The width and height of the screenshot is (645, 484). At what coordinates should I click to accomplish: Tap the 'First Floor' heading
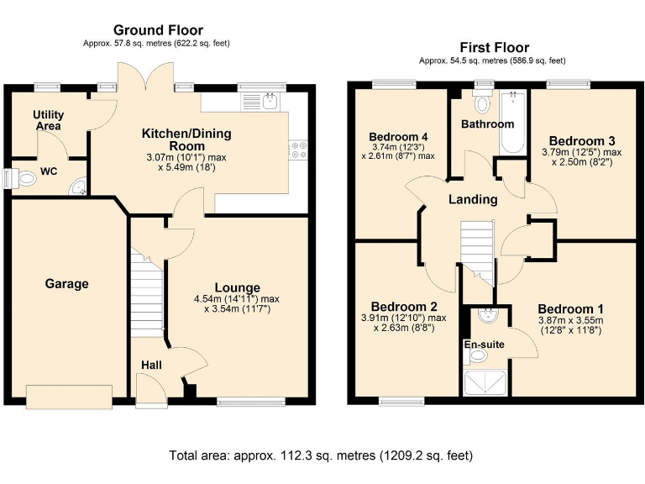coord(494,48)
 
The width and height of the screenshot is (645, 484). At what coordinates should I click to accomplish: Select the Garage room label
coord(66,284)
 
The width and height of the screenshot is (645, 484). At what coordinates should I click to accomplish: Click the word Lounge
coord(236,287)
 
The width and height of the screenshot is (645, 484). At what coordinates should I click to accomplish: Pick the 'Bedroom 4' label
coord(398,137)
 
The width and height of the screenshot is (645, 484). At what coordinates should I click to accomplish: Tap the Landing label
coord(473,199)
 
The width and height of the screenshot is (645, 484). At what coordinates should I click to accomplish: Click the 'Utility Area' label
coord(49,119)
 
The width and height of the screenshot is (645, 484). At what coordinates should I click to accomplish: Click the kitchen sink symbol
coord(260,102)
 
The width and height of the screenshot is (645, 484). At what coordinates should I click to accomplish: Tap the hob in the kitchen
coord(299,150)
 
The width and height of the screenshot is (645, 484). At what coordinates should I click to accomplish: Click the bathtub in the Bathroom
coord(511,124)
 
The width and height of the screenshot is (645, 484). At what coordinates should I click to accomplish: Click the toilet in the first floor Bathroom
coord(482,105)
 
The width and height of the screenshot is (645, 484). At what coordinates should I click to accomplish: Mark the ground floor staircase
coord(145,294)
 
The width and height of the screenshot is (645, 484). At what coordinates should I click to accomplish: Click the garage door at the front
coord(69,395)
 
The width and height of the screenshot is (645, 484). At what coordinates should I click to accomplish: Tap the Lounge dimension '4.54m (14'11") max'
coord(236,299)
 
